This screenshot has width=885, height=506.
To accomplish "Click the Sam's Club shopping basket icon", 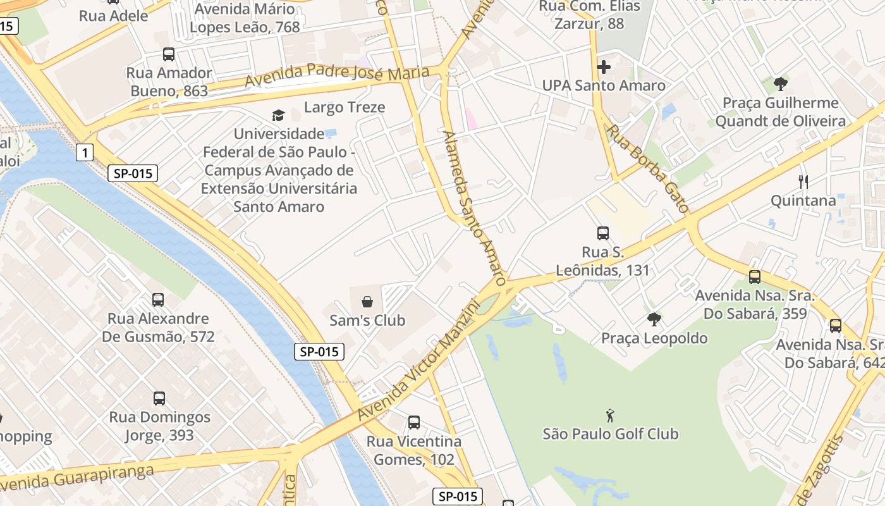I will click(367, 302).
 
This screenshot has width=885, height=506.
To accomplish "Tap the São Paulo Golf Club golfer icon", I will click(610, 416).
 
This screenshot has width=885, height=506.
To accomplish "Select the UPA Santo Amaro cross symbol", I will click(604, 66).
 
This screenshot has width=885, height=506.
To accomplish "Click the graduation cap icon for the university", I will click(278, 115).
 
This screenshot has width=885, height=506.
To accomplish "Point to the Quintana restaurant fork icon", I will click(803, 182).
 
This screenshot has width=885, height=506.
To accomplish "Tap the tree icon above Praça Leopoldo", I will click(654, 319).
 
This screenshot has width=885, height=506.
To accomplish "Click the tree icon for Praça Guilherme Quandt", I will click(781, 84).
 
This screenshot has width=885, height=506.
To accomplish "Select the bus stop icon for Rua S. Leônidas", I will click(603, 233).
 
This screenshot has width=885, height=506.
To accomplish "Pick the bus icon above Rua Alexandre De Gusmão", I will click(158, 300).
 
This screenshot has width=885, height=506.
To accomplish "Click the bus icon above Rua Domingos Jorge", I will click(159, 398).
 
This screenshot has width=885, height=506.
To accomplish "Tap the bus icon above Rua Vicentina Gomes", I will click(414, 423).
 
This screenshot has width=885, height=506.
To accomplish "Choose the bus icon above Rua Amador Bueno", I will click(169, 54).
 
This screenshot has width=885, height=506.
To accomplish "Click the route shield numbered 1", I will click(84, 152).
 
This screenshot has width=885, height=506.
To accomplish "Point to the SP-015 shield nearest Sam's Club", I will click(319, 352).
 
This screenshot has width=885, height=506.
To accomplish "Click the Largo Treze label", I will click(345, 108).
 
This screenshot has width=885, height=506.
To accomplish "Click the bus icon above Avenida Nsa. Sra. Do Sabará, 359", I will click(755, 277).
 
